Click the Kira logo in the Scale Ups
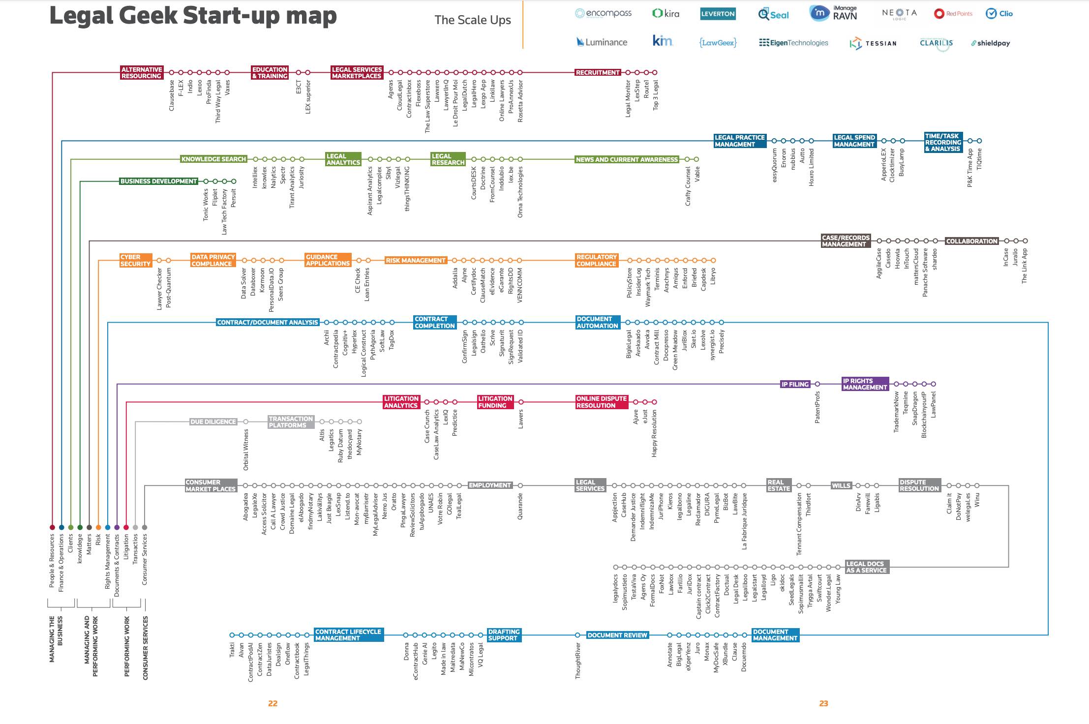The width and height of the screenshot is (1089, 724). tap(665, 14)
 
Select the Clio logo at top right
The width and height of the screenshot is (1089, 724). tap(999, 14)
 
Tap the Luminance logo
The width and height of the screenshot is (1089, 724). tap(602, 42)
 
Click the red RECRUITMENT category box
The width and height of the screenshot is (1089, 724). tap(598, 72)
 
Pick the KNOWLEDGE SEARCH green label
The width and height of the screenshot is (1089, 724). tap(213, 159)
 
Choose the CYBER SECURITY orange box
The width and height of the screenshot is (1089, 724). tap(135, 260)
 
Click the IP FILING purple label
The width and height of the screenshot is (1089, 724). tap(795, 384)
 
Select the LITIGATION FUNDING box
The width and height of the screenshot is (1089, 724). tap(495, 402)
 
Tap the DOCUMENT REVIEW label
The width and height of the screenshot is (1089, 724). tap(617, 635)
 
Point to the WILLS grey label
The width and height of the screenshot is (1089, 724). tap(841, 485)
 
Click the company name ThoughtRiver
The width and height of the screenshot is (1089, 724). tap(578, 661)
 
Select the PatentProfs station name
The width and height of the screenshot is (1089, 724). tap(817, 407)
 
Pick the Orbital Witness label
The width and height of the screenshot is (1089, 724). tap(246, 449)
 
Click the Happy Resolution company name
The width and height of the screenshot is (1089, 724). tap(654, 433)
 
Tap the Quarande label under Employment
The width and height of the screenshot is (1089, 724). tap(520, 507)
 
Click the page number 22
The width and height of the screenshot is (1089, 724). tap(273, 703)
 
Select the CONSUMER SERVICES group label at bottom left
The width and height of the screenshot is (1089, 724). tap(145, 648)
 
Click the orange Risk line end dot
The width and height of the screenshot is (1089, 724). tap(98, 527)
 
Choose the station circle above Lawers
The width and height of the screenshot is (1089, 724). tap(521, 402)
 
